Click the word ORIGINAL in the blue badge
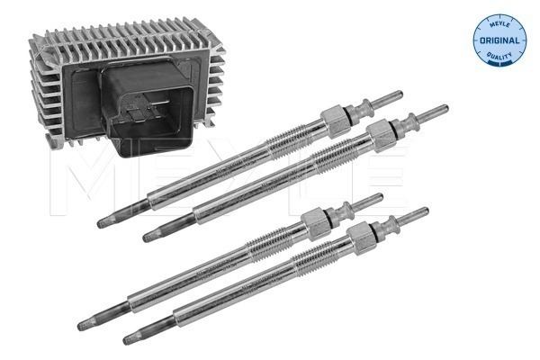tap(499, 40)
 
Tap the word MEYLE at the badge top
tap(499, 24)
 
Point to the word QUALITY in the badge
tap(499, 56)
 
